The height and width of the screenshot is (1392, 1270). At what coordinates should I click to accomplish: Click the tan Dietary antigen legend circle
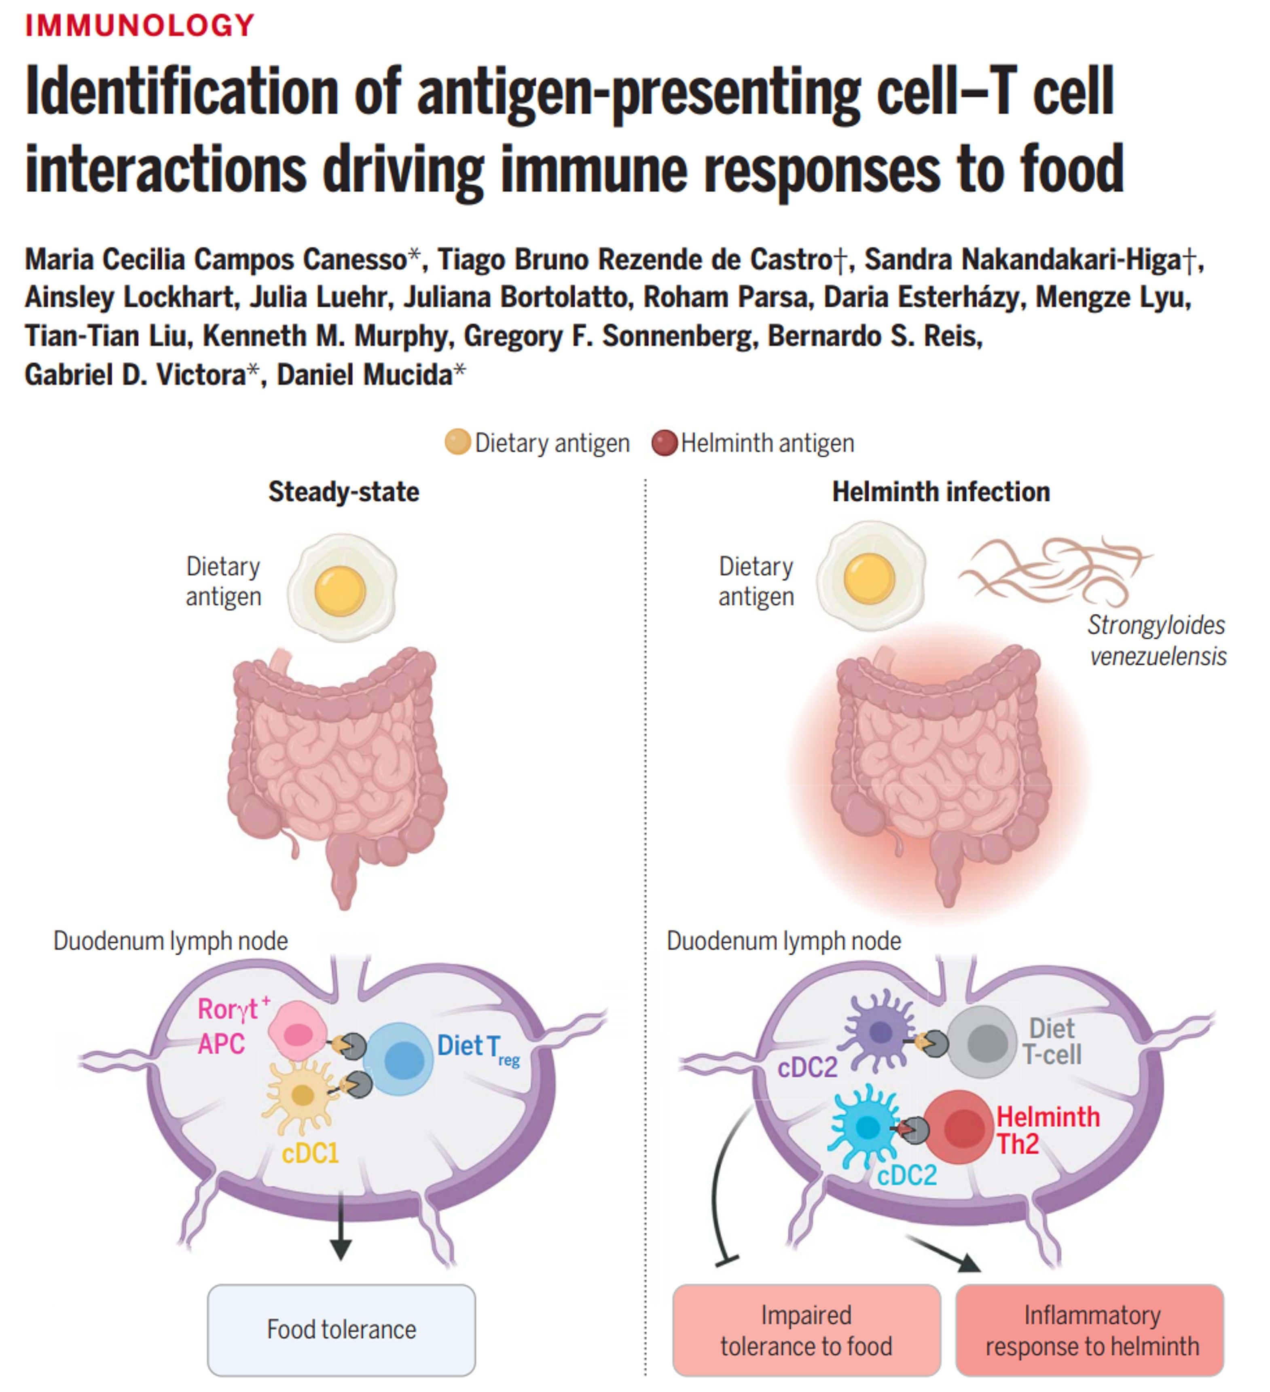click(x=457, y=442)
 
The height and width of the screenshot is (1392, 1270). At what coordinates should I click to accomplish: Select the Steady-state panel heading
click(x=343, y=492)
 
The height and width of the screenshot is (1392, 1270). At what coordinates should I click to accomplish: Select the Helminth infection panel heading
click(x=941, y=492)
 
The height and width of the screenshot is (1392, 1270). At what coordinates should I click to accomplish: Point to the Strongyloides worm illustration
click(x=1053, y=570)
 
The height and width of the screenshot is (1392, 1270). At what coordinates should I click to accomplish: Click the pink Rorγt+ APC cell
click(x=297, y=1032)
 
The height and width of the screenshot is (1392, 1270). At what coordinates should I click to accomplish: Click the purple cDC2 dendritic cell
click(x=879, y=1032)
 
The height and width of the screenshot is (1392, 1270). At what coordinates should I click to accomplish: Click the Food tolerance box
click(x=341, y=1329)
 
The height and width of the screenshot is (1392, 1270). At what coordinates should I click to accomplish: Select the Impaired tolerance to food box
click(x=806, y=1329)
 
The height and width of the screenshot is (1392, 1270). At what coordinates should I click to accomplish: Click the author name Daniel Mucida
click(x=365, y=375)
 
